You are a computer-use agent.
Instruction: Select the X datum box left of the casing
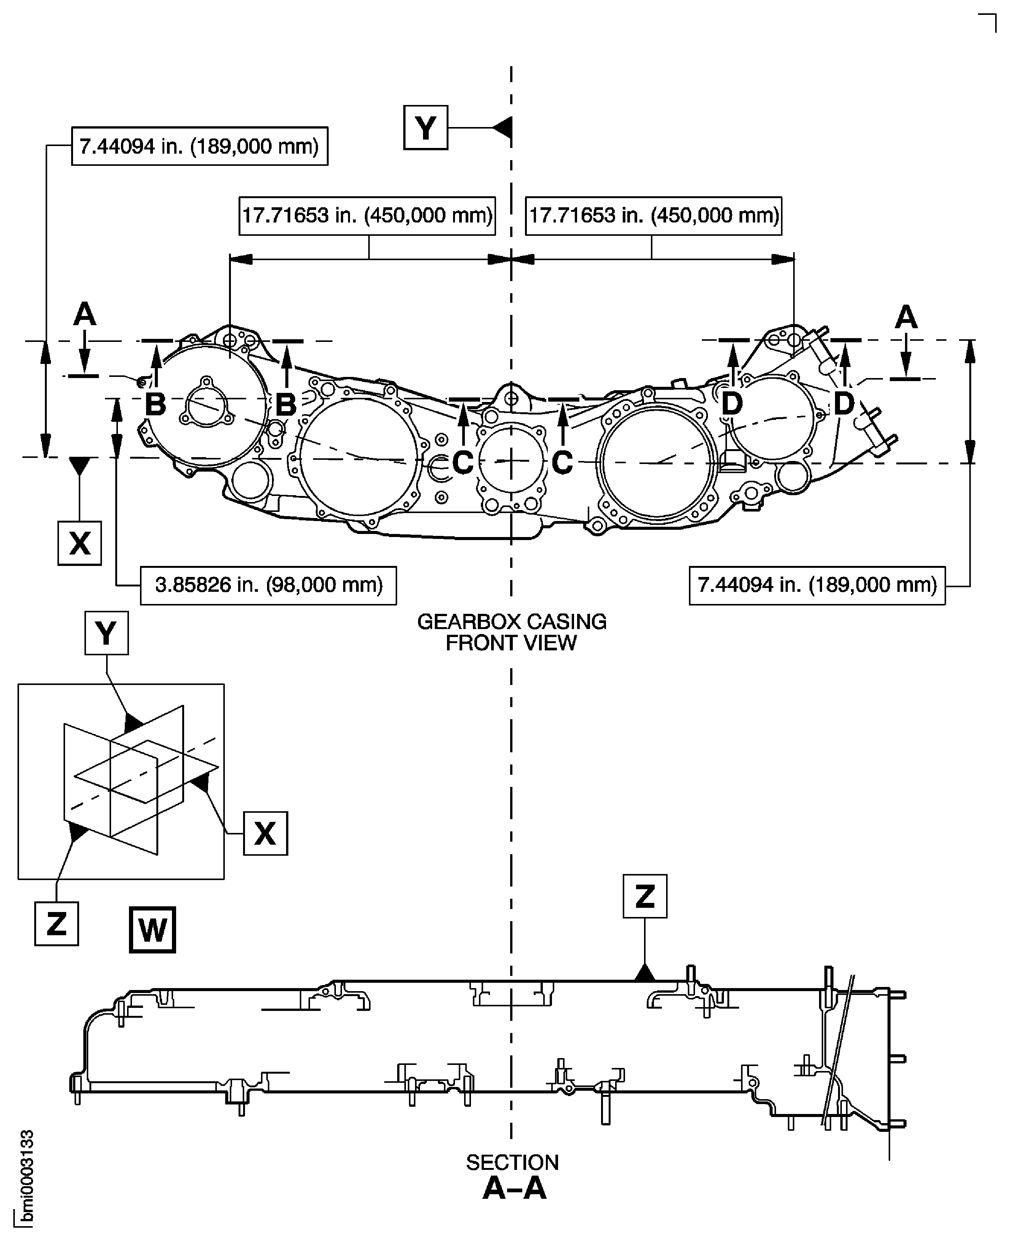click(80, 543)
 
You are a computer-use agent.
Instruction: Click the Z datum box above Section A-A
click(645, 896)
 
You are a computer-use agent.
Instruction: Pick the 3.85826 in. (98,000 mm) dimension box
click(268, 585)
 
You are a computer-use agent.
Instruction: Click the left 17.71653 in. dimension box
click(367, 216)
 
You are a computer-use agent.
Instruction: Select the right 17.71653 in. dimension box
click(653, 216)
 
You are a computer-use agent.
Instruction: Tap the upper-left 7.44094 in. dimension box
click(200, 146)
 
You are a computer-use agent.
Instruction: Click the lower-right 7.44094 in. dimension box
click(817, 585)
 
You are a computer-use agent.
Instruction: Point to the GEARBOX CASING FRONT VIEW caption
click(511, 632)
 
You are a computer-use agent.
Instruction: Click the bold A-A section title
click(514, 1188)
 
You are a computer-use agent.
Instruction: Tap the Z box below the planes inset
click(56, 923)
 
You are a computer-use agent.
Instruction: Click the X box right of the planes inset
click(265, 833)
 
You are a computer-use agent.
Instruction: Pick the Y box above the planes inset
click(107, 633)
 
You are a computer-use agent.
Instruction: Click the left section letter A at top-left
click(84, 315)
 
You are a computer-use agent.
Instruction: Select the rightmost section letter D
click(844, 403)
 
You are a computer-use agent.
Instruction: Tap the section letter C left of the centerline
click(463, 462)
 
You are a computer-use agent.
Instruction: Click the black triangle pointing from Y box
click(503, 127)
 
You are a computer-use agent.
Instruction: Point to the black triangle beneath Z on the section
click(645, 972)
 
